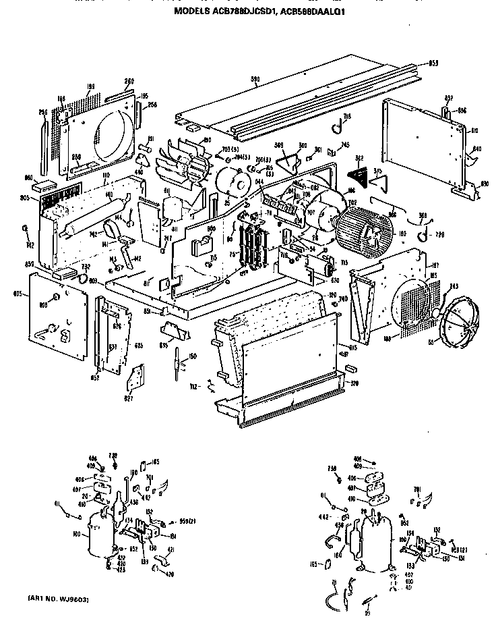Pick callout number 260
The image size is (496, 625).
pos(129,81)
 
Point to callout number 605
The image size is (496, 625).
pos(18,294)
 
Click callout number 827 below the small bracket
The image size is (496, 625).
pos(129,398)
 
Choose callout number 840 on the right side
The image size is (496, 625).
pos(477,148)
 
